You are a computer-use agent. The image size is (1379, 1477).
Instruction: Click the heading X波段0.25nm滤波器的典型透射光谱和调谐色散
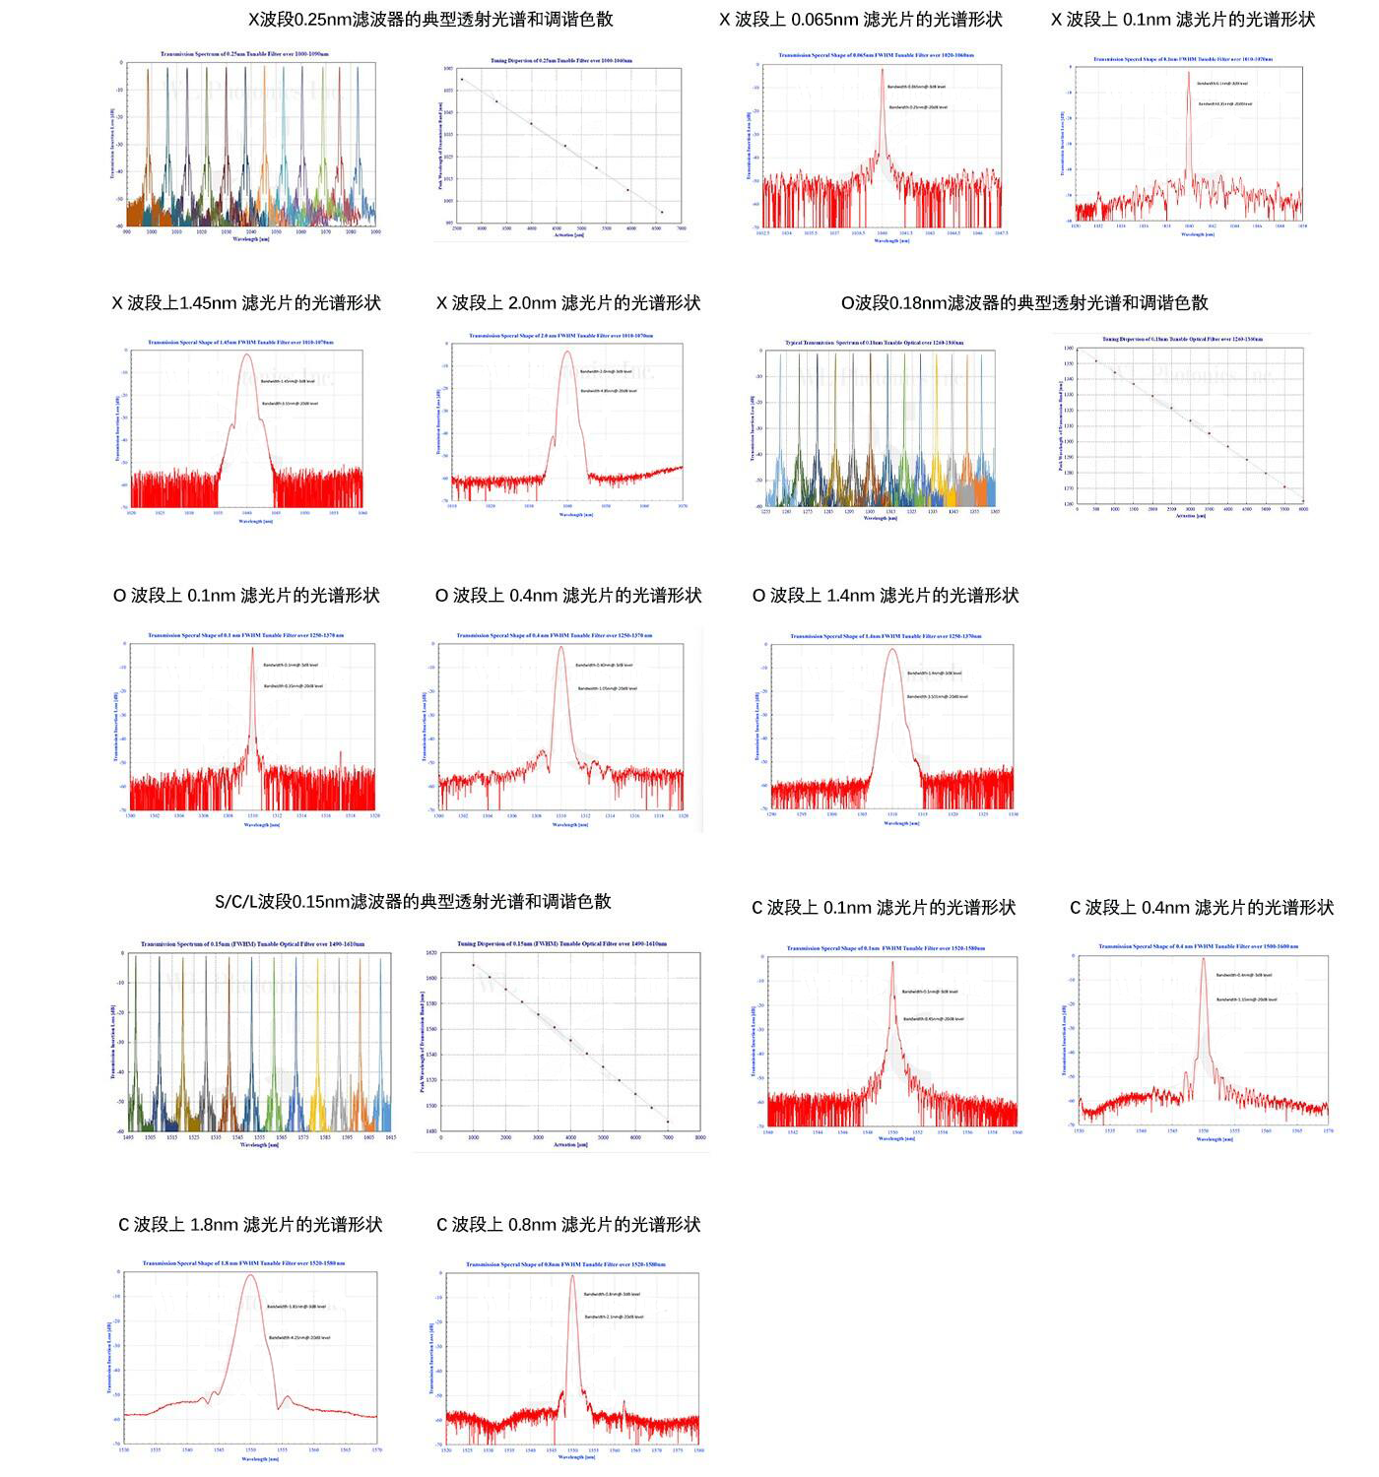(430, 19)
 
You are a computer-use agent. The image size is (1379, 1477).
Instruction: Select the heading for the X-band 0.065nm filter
(861, 20)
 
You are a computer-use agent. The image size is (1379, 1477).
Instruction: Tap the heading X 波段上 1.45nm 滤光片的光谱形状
(246, 303)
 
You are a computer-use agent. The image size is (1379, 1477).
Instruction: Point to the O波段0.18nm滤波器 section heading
(1024, 303)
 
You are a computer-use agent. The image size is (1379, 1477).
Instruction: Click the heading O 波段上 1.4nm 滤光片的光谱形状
(886, 596)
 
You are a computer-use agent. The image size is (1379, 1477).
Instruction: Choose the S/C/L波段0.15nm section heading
(413, 902)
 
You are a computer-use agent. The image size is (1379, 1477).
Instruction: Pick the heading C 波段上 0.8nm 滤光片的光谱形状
(568, 1225)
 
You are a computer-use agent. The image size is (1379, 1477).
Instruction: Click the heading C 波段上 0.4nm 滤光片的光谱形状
(1202, 908)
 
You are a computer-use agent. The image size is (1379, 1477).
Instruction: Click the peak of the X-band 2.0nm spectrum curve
(567, 352)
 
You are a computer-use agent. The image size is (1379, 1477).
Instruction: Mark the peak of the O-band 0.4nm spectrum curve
(561, 646)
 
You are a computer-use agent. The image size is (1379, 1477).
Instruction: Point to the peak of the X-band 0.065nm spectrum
(883, 69)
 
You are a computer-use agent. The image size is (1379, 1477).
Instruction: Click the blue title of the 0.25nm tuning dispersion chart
(561, 61)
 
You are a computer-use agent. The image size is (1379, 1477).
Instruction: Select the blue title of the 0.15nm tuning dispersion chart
(561, 944)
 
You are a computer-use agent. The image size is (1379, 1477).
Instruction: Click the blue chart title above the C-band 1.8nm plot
(243, 1263)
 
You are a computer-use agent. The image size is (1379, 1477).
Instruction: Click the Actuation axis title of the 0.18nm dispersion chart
(1190, 516)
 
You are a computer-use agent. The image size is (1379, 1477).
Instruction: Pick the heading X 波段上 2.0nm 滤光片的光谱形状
(568, 303)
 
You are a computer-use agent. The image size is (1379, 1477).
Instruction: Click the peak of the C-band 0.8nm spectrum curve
(571, 1276)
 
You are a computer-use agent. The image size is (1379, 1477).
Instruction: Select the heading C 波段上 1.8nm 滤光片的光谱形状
(250, 1225)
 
